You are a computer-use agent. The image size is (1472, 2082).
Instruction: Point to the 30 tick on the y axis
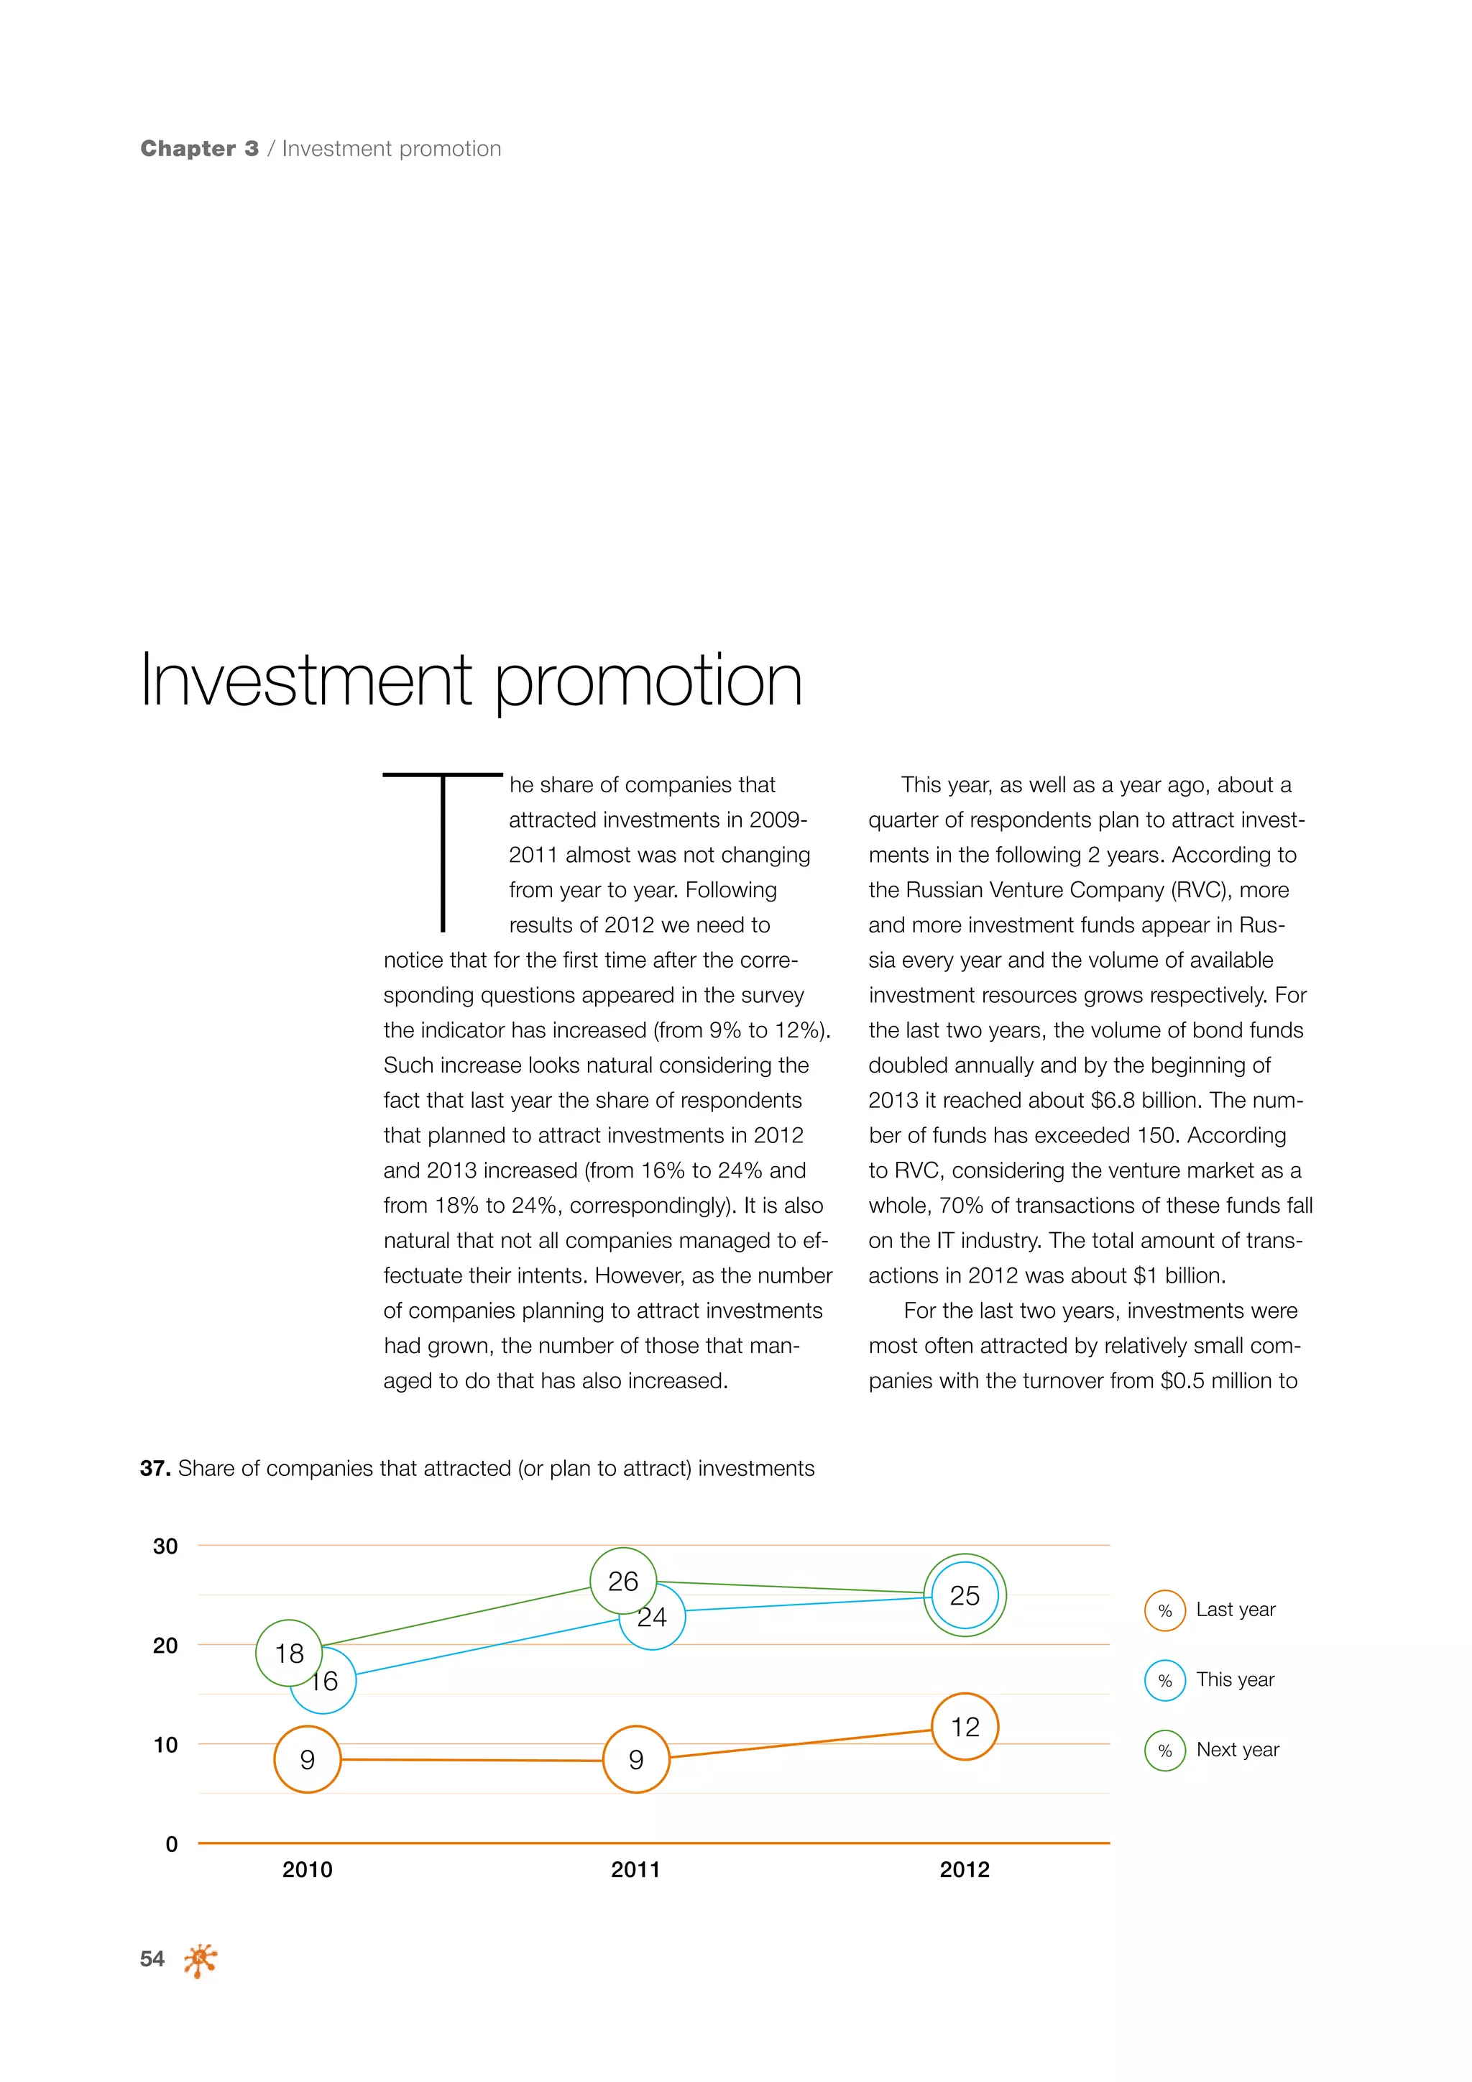coord(165,1546)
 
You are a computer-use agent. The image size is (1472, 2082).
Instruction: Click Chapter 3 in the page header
coord(199,149)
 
